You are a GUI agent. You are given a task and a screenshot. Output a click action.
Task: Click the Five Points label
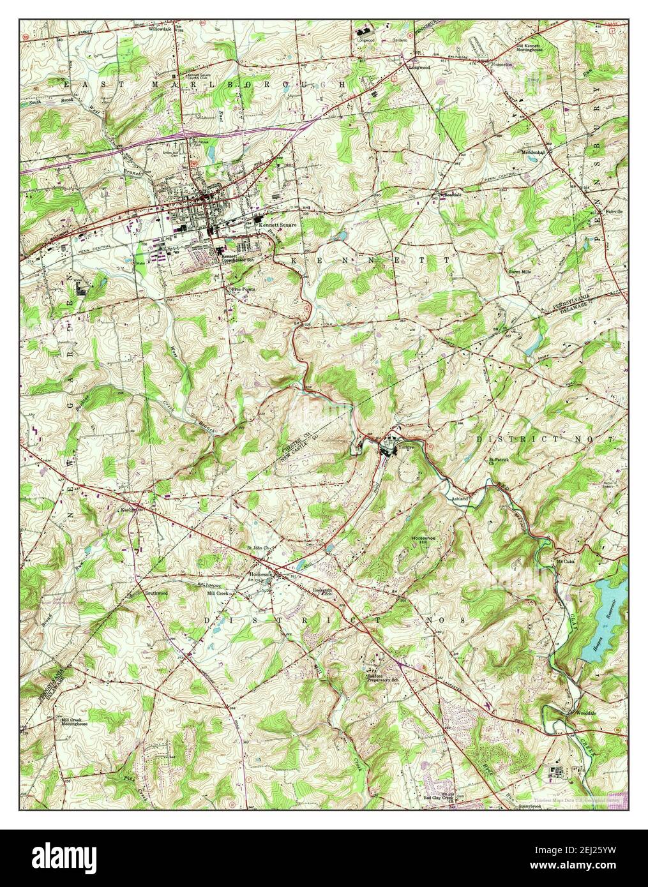(x=244, y=288)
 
